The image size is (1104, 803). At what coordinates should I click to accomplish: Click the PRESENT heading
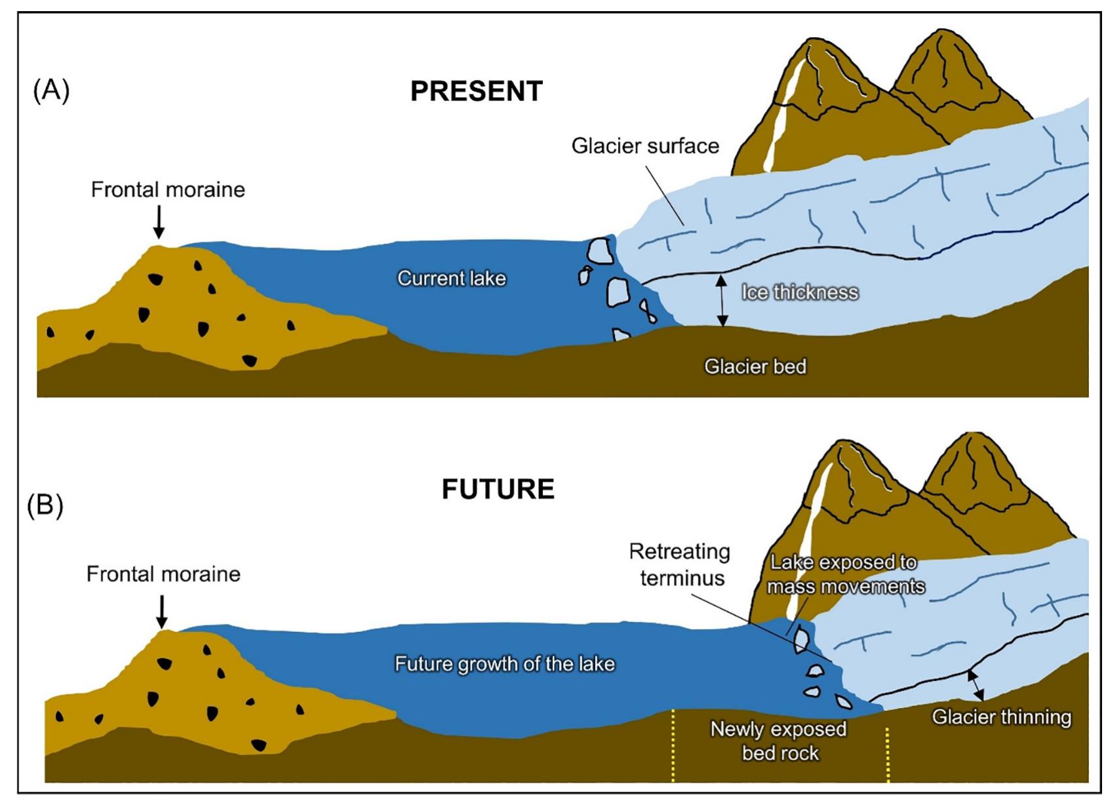(477, 91)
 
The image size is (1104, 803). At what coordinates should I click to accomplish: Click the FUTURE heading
(498, 489)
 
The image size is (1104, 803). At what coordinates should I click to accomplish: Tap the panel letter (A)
(51, 90)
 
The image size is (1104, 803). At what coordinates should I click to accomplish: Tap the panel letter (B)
(45, 505)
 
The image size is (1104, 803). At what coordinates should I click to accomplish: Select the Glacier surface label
(645, 146)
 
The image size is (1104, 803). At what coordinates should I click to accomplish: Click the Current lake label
(452, 279)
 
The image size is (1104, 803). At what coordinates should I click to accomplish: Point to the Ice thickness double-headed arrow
(722, 300)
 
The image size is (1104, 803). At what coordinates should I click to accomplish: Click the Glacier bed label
(755, 366)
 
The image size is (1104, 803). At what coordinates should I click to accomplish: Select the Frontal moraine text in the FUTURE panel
(163, 575)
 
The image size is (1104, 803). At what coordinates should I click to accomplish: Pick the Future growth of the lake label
(504, 664)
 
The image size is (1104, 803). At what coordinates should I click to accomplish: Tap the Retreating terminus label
(680, 564)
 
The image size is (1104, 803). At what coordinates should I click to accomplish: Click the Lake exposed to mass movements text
(845, 574)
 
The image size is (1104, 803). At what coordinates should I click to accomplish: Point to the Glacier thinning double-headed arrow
(976, 685)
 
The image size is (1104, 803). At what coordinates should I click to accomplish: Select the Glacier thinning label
(1001, 717)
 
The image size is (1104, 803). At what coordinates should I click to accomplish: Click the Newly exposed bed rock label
(779, 741)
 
